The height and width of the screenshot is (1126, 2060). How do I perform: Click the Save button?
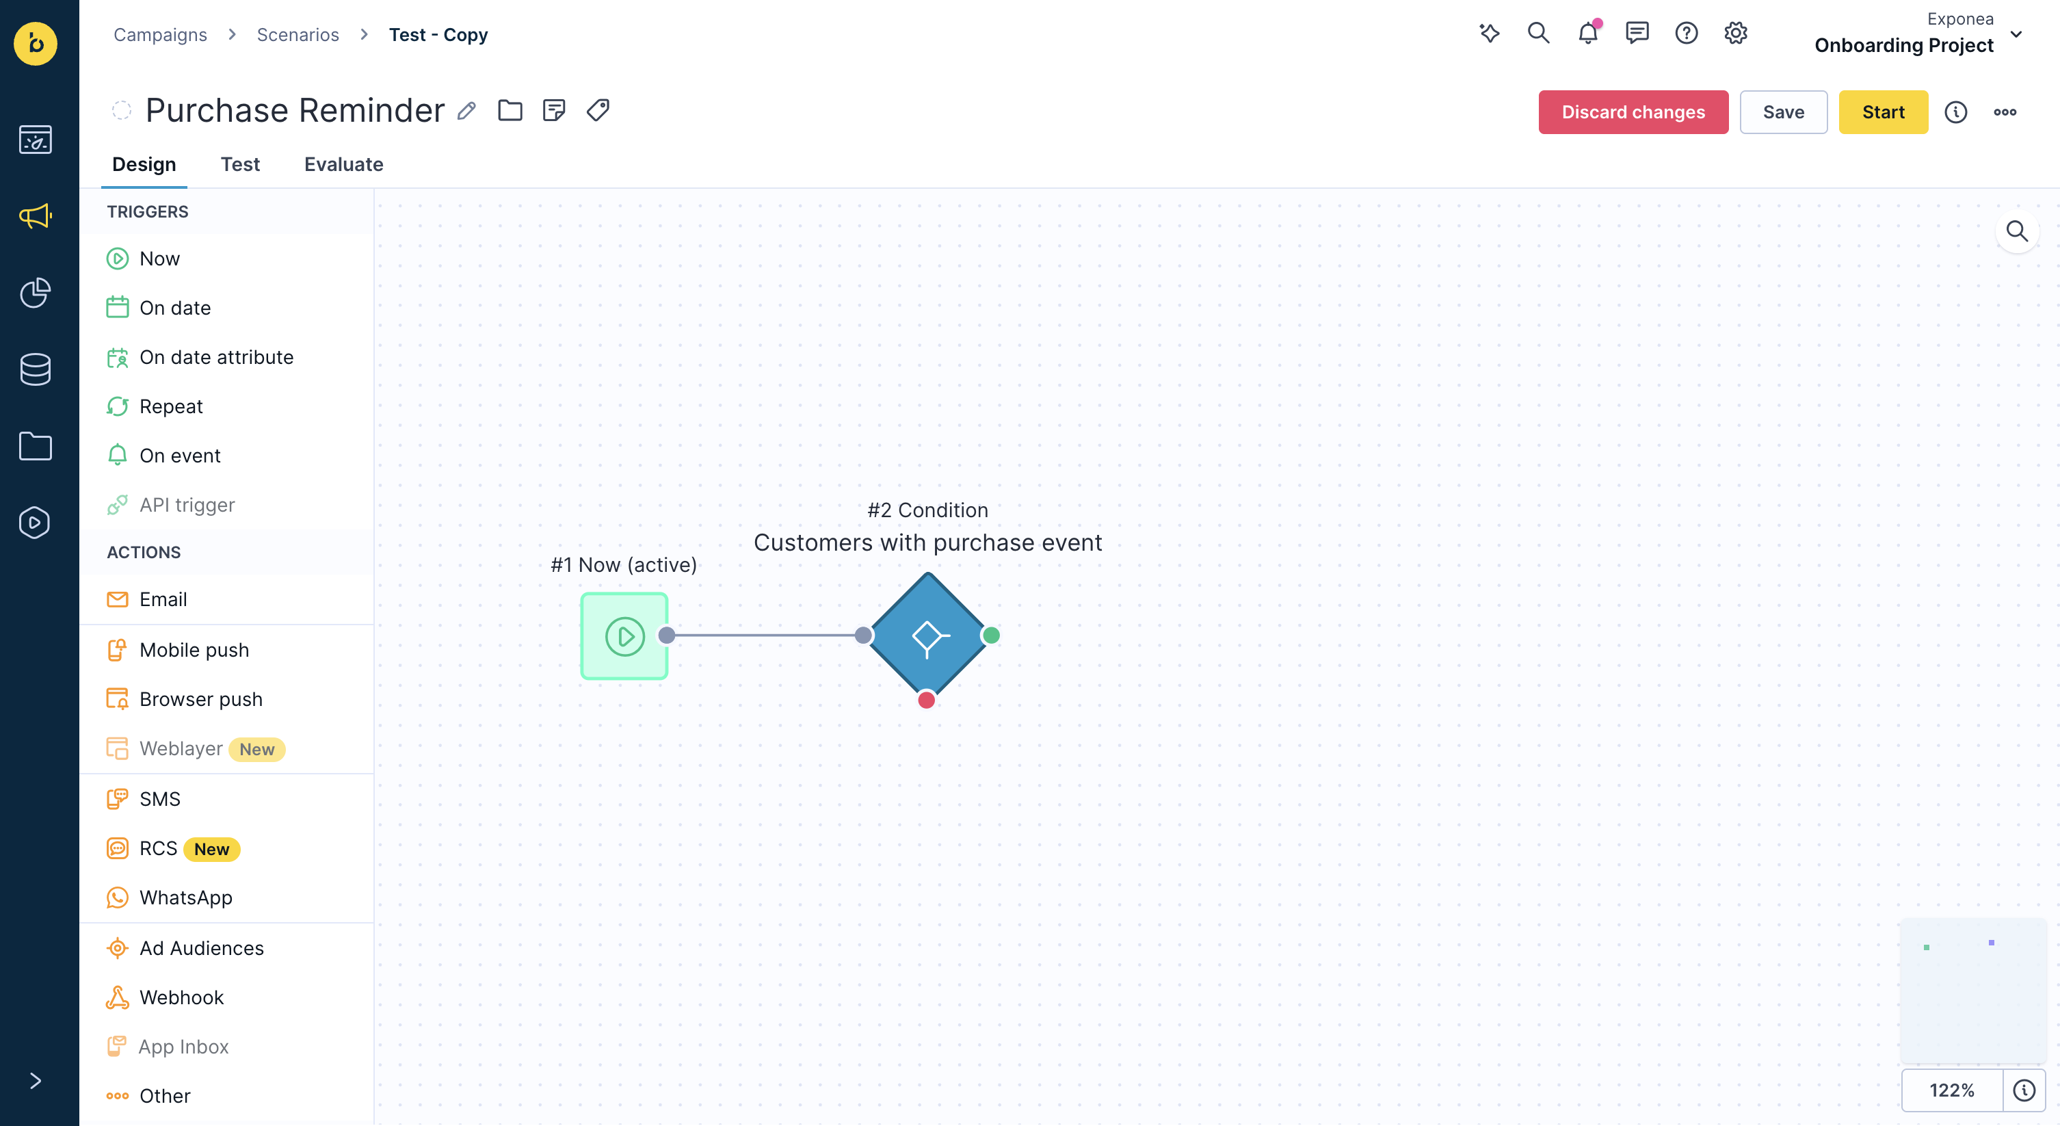(1783, 112)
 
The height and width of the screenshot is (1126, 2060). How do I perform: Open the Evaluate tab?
(344, 164)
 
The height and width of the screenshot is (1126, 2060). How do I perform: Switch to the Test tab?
(240, 164)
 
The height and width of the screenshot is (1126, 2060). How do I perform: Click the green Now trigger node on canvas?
(624, 636)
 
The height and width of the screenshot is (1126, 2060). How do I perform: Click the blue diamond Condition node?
(927, 636)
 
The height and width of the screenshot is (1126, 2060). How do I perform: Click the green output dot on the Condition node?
(991, 635)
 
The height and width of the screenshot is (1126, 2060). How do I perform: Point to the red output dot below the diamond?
(926, 700)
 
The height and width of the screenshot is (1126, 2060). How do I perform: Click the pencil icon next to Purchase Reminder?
(467, 110)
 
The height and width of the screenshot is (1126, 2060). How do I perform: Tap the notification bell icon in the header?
(1588, 33)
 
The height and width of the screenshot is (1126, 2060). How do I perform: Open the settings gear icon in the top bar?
(1735, 33)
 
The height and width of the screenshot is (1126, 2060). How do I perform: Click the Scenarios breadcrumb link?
(298, 34)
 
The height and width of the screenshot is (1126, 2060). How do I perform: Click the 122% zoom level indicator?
(1951, 1090)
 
